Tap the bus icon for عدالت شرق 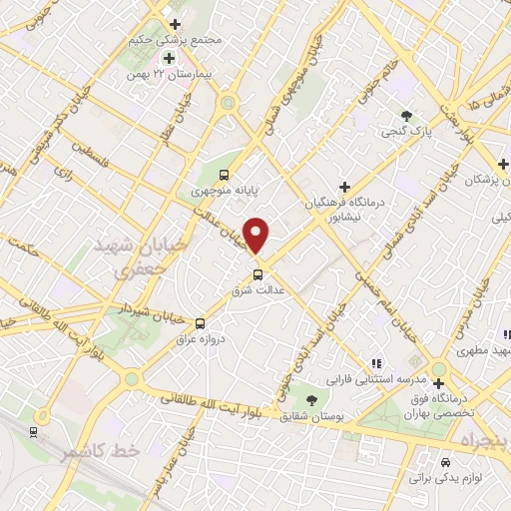coord(258,274)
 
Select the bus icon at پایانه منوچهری coord(226,171)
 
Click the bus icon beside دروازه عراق coord(200,323)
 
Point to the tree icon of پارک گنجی coord(405,116)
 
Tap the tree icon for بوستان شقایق coord(311,399)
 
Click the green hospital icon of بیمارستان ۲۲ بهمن coord(169,57)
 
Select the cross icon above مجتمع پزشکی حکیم coord(176,24)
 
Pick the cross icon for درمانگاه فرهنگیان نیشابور coord(345,186)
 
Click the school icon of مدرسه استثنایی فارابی coord(376,363)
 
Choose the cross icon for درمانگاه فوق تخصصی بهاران coord(438,383)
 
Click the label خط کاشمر coord(97,453)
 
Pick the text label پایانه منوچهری coord(225,187)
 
